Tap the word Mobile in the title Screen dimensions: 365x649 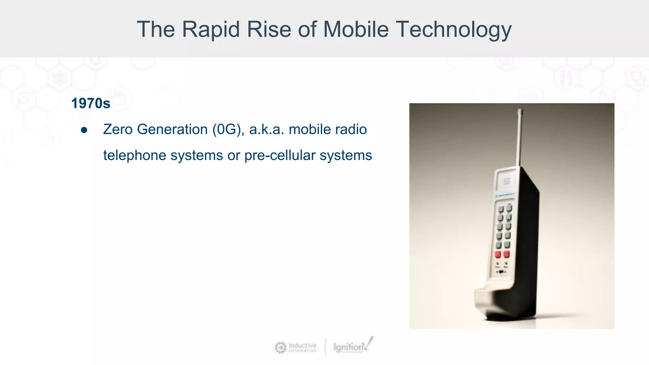tap(356, 29)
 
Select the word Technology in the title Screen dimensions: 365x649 tap(454, 29)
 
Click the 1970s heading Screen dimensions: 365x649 tap(91, 104)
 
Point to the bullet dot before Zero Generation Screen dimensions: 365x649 tap(84, 130)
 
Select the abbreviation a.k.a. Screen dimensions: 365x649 tap(267, 130)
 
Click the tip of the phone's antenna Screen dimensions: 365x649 tap(520, 111)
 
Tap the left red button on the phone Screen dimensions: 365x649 tap(498, 254)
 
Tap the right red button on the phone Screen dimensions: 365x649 tap(506, 254)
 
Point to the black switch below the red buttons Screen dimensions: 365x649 tap(501, 272)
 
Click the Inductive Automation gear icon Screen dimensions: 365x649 tap(280, 347)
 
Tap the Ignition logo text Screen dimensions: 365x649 tap(349, 347)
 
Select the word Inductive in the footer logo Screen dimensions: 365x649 tap(302, 345)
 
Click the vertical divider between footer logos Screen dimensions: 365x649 tap(325, 347)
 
